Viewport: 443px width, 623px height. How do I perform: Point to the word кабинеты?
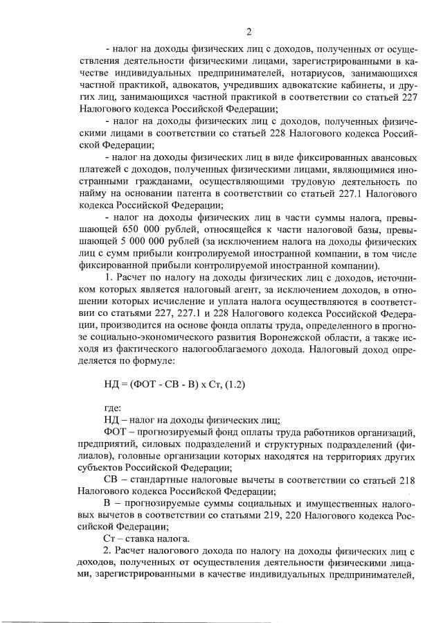(347, 85)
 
